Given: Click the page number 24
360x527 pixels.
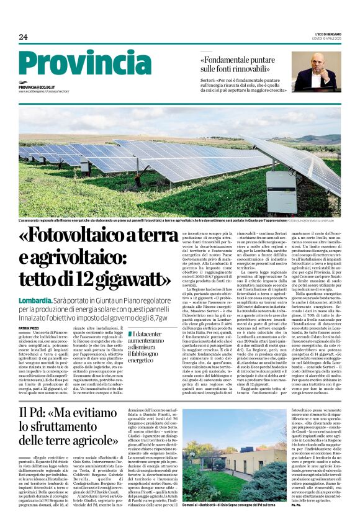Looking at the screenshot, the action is click(x=23, y=37).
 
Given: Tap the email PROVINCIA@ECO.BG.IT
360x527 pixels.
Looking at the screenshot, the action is click(x=37, y=88).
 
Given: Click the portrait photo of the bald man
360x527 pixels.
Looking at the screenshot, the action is click(x=316, y=72).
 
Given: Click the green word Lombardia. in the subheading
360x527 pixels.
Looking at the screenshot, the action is click(x=35, y=300).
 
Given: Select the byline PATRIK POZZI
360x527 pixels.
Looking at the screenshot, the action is click(x=29, y=327).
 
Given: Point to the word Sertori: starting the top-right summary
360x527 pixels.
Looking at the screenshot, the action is click(x=210, y=81).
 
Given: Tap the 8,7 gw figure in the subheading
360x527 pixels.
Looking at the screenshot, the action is click(x=156, y=317).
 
